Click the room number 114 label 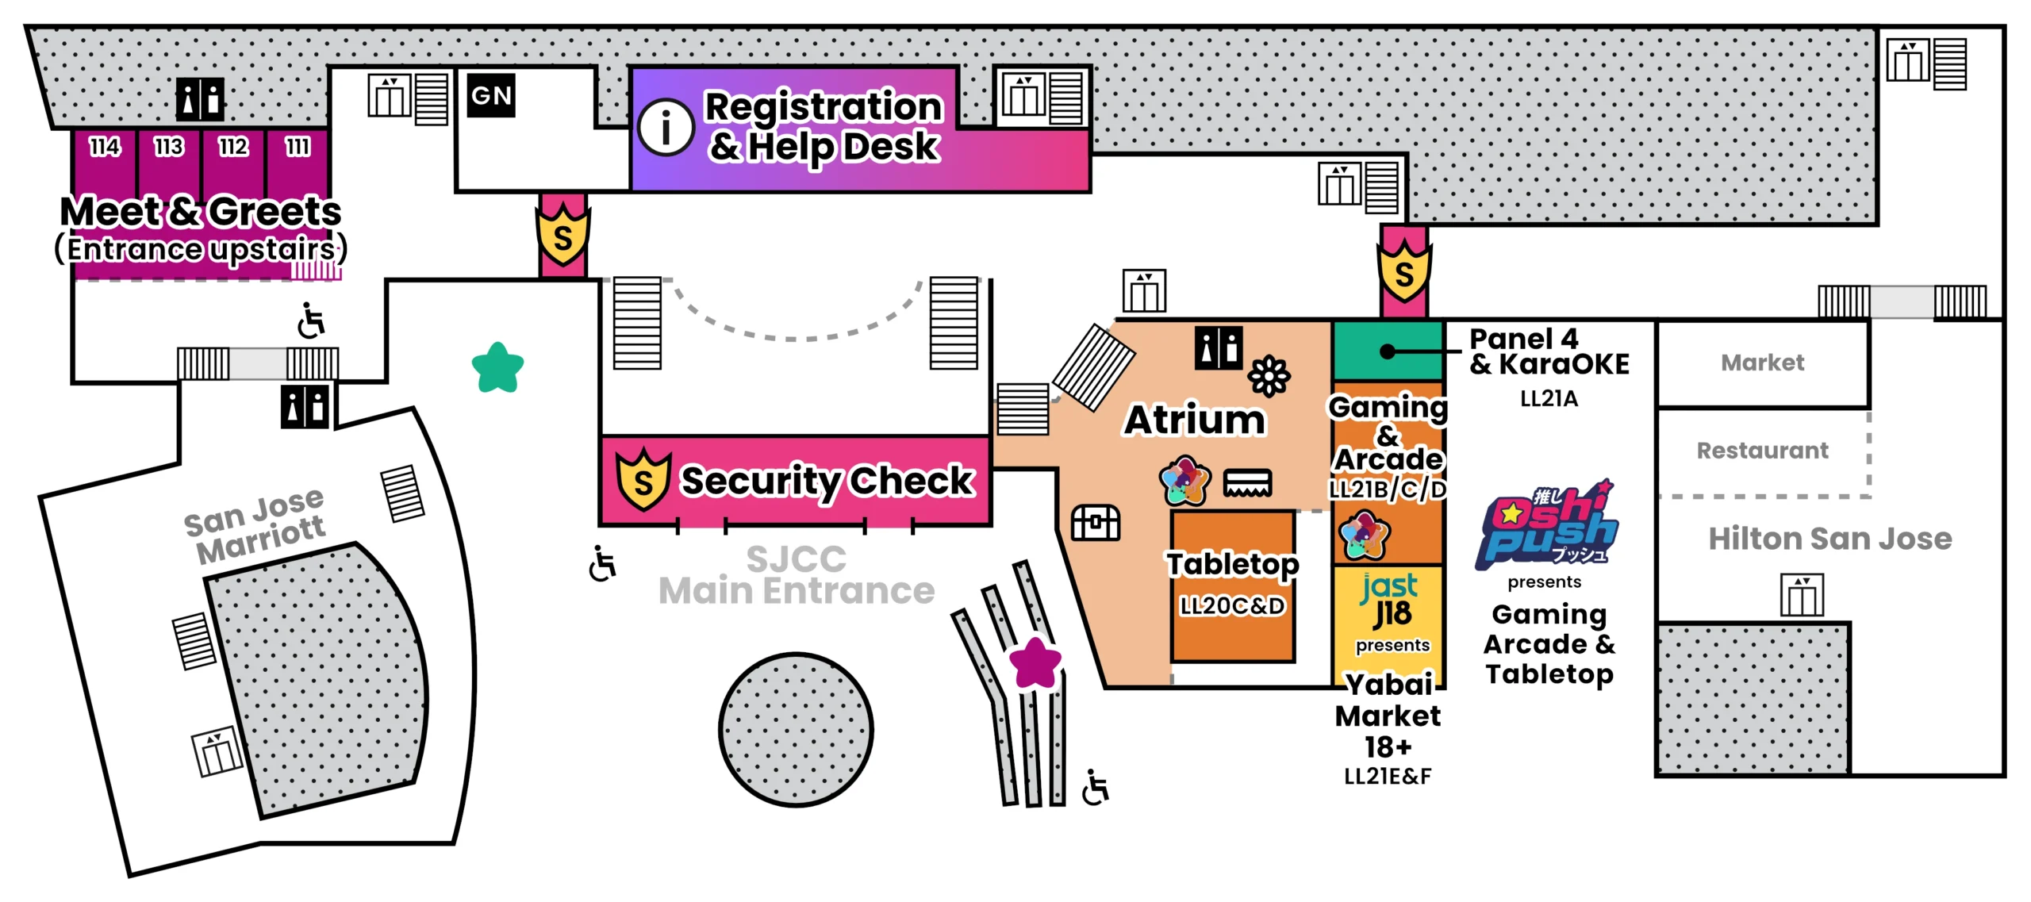[x=105, y=147]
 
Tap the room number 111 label [x=298, y=147]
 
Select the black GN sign [x=491, y=96]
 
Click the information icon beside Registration [x=666, y=127]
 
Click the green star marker [x=497, y=367]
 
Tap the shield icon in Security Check [x=643, y=478]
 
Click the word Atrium [x=1195, y=420]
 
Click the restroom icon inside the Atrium [x=1219, y=348]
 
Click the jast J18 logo [x=1390, y=601]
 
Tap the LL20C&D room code [x=1232, y=606]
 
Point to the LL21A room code [x=1549, y=399]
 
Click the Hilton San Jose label [x=1829, y=539]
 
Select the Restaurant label [x=1762, y=451]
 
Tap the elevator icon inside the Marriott [x=217, y=750]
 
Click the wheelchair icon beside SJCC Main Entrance [x=603, y=563]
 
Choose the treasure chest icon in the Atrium [x=1096, y=523]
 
